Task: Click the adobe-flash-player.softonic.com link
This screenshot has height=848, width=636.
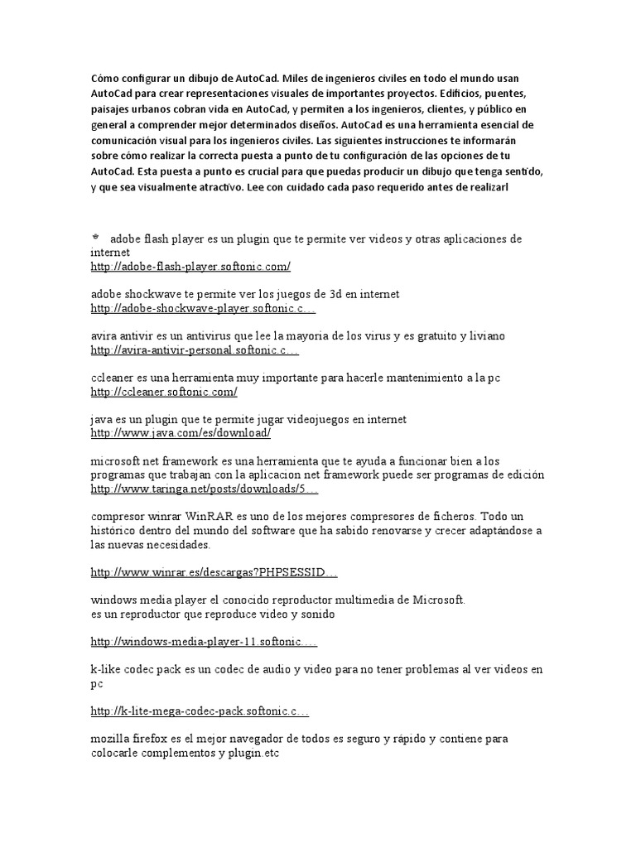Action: point(190,267)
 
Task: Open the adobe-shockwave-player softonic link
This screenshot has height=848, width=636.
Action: point(203,309)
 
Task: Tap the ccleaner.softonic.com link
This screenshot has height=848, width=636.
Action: point(164,392)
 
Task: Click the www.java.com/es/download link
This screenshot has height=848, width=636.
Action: point(181,433)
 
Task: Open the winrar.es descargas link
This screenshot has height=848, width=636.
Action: point(214,573)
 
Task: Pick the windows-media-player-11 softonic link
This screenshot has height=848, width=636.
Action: point(204,643)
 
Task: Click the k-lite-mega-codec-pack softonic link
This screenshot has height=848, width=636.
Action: point(200,711)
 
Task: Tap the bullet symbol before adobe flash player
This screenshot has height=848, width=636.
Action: point(95,238)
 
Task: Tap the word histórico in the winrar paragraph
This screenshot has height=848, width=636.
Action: point(116,531)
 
